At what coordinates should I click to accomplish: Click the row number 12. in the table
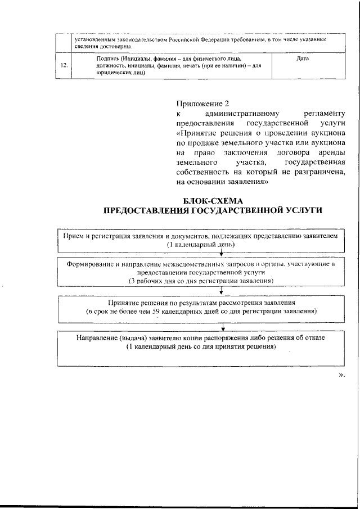(x=65, y=65)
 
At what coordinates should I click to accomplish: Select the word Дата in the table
(x=302, y=58)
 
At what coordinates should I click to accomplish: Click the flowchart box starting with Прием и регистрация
(x=200, y=241)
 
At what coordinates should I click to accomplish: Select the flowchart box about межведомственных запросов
(x=200, y=272)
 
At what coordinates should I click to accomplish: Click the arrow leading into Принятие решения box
(x=223, y=290)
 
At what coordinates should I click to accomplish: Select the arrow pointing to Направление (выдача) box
(x=224, y=327)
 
